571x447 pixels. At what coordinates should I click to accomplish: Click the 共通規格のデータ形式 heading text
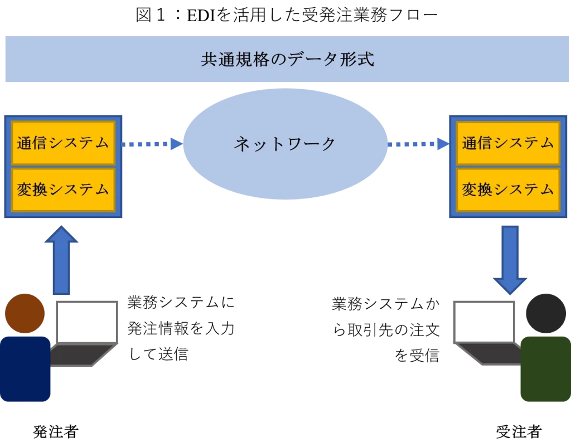(287, 60)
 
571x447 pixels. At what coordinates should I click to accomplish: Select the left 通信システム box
(63, 143)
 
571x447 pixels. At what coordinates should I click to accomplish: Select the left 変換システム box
(63, 190)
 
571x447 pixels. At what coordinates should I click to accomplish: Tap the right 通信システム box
(508, 143)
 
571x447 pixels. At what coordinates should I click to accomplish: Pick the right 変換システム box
(508, 190)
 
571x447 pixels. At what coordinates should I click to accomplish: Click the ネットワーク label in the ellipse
(285, 144)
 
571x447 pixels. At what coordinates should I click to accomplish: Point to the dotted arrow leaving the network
(418, 144)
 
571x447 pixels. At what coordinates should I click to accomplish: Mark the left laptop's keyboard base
(78, 354)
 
